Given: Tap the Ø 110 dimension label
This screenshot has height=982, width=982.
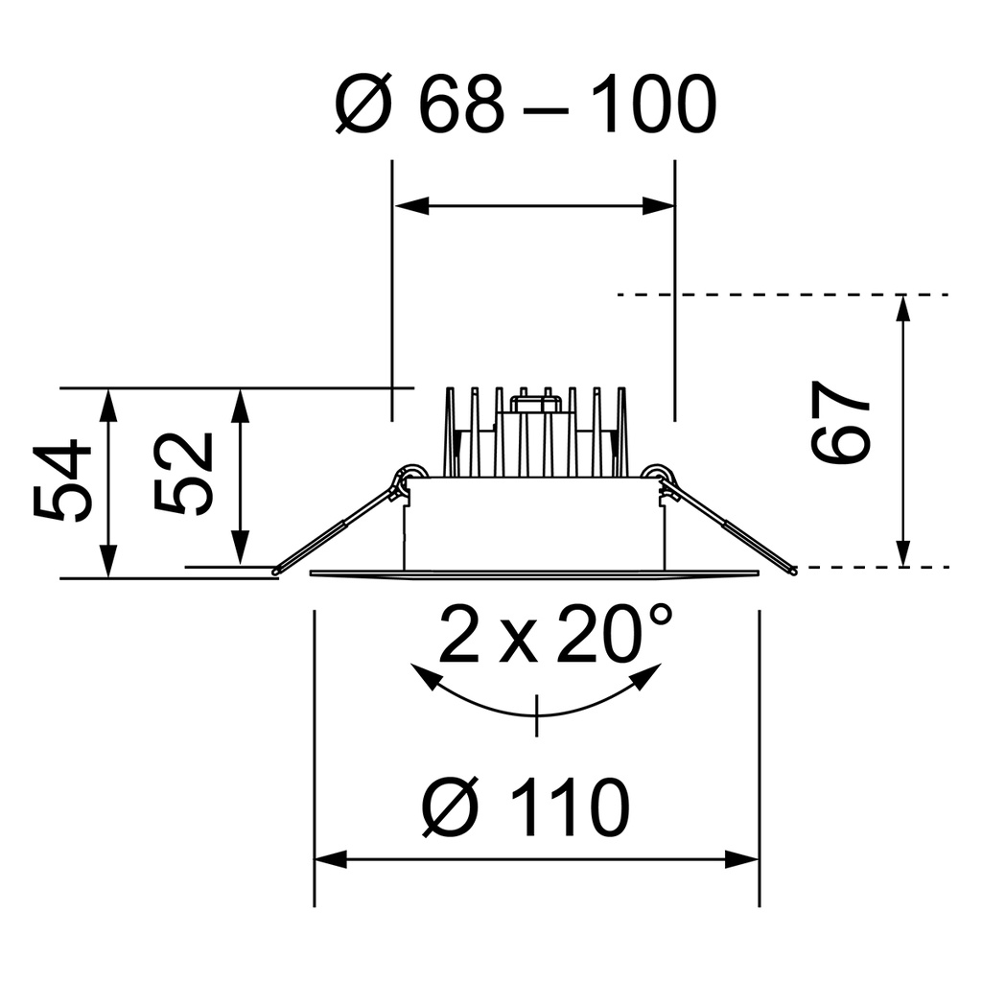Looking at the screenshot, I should click(x=526, y=807).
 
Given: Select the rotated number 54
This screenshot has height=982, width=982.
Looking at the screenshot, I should click(x=63, y=481).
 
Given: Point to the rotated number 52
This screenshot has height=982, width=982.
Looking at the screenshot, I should click(x=184, y=474).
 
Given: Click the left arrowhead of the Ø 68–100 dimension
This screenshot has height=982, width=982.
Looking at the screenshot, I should click(x=410, y=205).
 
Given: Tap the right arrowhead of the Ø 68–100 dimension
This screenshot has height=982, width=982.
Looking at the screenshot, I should click(x=658, y=205).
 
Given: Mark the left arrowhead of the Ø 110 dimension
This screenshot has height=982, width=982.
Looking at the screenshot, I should click(x=330, y=859).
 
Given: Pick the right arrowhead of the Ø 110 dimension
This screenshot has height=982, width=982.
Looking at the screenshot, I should click(x=742, y=859).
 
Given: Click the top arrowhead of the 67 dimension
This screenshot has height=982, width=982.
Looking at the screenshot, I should click(x=901, y=311).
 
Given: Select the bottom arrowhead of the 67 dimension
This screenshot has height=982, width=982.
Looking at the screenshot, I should click(x=901, y=552).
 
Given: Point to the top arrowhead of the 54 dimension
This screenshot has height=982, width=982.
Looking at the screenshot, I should click(x=108, y=405).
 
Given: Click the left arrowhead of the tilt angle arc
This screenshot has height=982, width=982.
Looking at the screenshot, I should click(x=424, y=676).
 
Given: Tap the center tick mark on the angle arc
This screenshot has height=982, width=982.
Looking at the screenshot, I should click(x=537, y=715).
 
